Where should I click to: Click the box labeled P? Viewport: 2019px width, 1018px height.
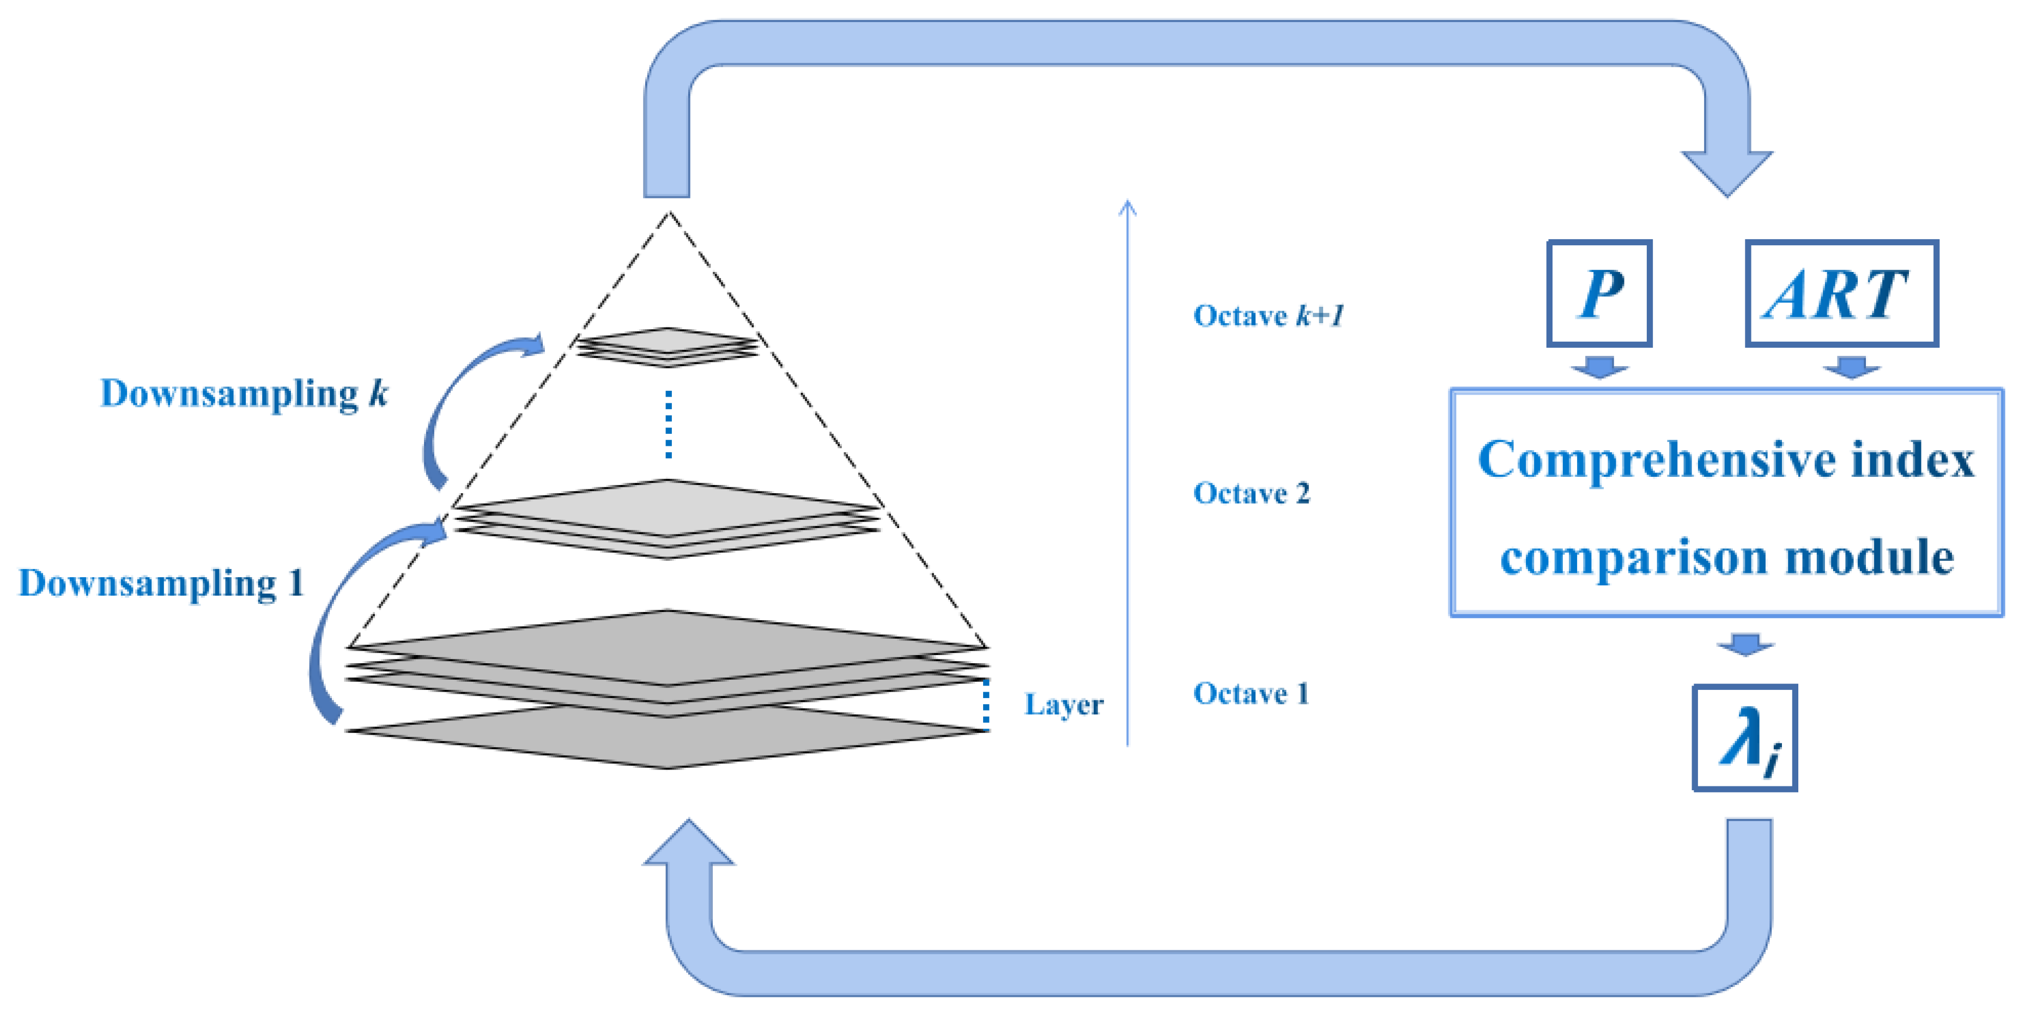click(1599, 293)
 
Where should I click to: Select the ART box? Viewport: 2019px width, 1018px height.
click(1841, 293)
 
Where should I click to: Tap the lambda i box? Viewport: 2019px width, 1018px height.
click(1745, 737)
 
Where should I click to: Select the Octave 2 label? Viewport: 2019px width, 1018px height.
click(1251, 493)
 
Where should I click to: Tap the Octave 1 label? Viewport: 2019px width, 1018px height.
click(1251, 694)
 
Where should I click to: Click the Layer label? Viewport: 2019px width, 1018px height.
click(1064, 705)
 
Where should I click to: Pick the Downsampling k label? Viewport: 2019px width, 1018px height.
click(244, 393)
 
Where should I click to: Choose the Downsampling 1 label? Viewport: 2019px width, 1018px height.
click(161, 583)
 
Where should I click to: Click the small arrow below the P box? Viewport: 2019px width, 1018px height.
click(1599, 367)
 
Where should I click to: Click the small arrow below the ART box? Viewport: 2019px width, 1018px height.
click(1851, 367)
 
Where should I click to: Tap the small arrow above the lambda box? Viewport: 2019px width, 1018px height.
click(1745, 644)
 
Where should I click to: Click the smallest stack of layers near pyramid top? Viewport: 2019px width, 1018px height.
click(668, 347)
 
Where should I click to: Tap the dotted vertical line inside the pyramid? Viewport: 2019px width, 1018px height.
click(668, 424)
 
